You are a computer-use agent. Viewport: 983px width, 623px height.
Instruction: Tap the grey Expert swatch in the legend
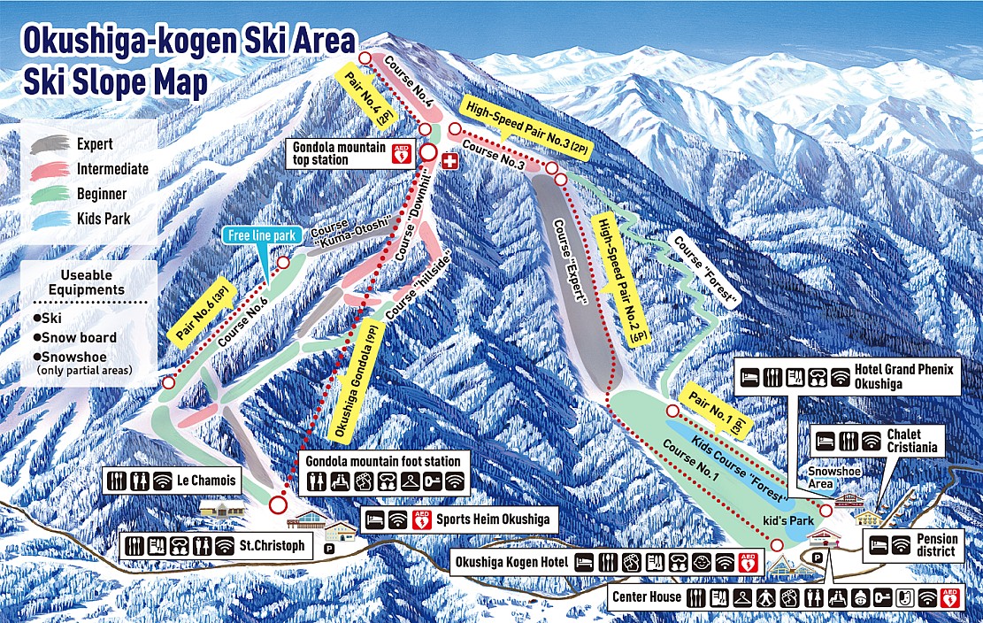(x=50, y=144)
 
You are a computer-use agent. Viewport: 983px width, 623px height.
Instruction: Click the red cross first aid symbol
(x=449, y=162)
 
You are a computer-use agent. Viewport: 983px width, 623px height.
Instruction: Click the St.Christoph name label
(x=269, y=545)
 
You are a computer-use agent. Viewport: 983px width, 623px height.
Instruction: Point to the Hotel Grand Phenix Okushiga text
(x=904, y=376)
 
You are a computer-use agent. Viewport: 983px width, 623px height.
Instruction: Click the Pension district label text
(x=936, y=545)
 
